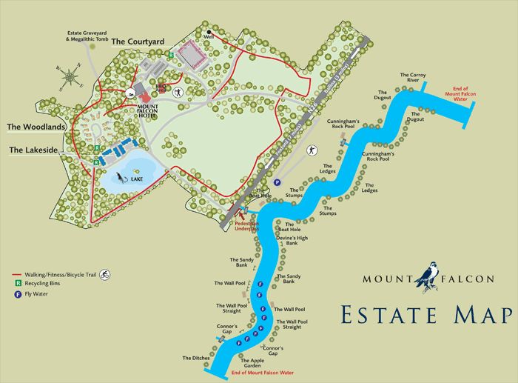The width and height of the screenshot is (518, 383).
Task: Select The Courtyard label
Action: (x=138, y=42)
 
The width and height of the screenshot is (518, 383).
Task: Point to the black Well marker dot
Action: (x=209, y=31)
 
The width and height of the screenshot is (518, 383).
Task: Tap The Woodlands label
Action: (x=36, y=127)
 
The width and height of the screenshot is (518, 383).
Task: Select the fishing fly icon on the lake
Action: (x=121, y=177)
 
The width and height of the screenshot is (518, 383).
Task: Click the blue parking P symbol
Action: (x=277, y=182)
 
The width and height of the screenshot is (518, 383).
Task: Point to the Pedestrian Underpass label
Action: (x=247, y=225)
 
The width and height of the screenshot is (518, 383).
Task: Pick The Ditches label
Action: (x=196, y=358)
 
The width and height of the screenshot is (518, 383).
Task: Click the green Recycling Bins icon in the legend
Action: (x=16, y=284)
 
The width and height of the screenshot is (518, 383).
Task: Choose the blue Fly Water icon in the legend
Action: (x=16, y=294)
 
